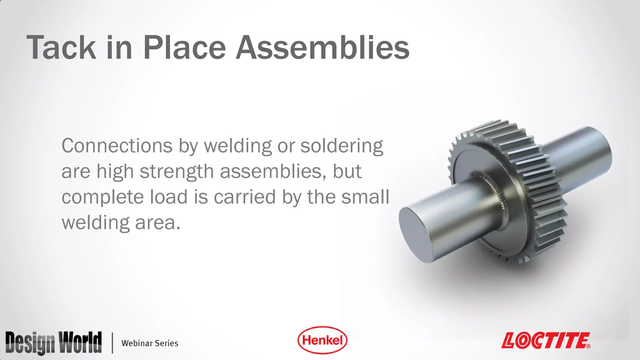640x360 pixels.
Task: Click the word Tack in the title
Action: pyautogui.click(x=61, y=47)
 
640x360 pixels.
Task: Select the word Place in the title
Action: pyautogui.click(x=184, y=47)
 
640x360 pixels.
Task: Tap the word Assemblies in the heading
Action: pyautogui.click(x=322, y=47)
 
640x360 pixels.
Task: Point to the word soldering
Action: pyautogui.click(x=342, y=146)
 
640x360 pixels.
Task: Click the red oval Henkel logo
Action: pyautogui.click(x=322, y=340)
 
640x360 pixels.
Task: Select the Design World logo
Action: pyautogui.click(x=53, y=343)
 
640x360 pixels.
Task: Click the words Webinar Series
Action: pyautogui.click(x=150, y=343)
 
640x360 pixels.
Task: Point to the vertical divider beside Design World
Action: pyautogui.click(x=112, y=343)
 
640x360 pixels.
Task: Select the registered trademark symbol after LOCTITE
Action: pyautogui.click(x=588, y=346)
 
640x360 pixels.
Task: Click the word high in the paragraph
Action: pyautogui.click(x=115, y=172)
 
